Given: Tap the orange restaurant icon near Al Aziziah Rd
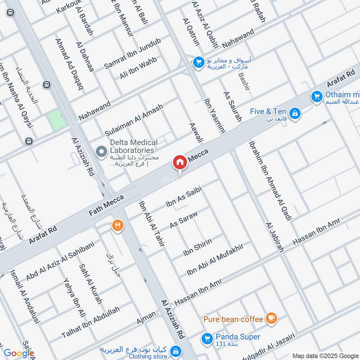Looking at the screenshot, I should [x=117, y=225].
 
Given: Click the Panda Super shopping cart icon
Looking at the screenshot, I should [x=207, y=337].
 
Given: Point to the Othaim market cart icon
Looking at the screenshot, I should [x=317, y=96].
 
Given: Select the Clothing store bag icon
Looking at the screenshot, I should [x=176, y=350].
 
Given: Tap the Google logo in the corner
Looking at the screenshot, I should [x=19, y=354].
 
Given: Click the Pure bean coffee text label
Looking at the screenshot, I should [x=233, y=319].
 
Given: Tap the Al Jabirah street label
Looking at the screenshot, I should [x=274, y=237].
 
